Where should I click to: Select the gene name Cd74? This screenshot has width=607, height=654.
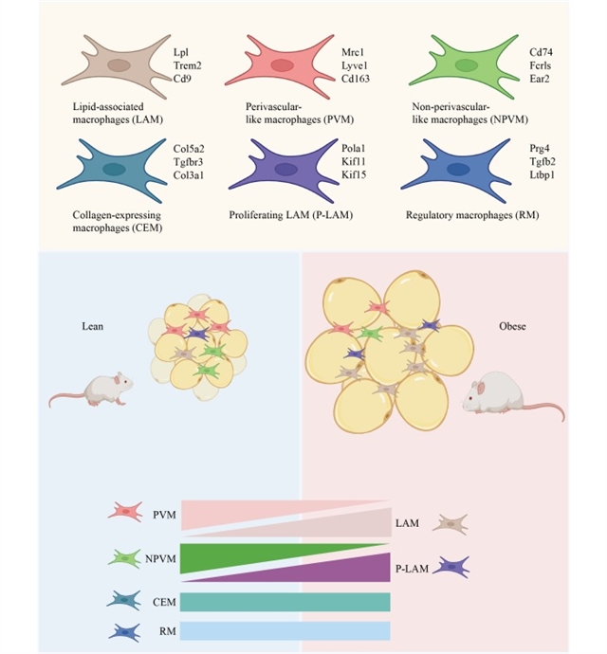pos(542,50)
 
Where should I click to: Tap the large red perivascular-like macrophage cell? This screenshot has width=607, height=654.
pos(283,64)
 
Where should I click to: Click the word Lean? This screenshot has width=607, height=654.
pos(92,326)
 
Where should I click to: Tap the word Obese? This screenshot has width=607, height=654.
pos(512,327)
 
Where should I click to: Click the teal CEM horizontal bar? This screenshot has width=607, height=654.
pos(285,602)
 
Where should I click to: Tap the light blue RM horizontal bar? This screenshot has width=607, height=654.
pos(285,631)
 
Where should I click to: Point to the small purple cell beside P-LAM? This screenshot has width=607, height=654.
pos(451,568)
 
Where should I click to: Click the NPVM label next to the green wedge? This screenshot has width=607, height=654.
pos(162,559)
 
